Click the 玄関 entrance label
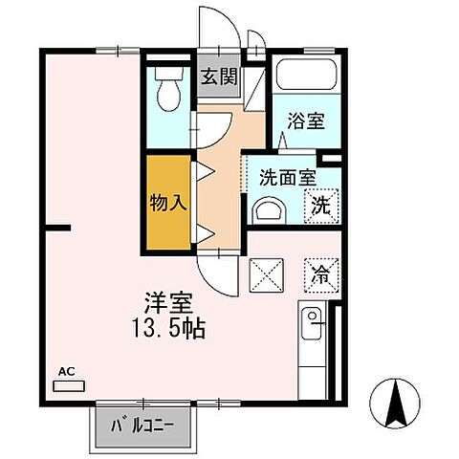(x=218, y=78)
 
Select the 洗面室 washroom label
(x=286, y=177)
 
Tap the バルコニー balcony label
(x=149, y=424)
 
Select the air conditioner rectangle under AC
(x=69, y=387)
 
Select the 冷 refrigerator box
(x=318, y=274)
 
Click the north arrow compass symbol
(x=396, y=402)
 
